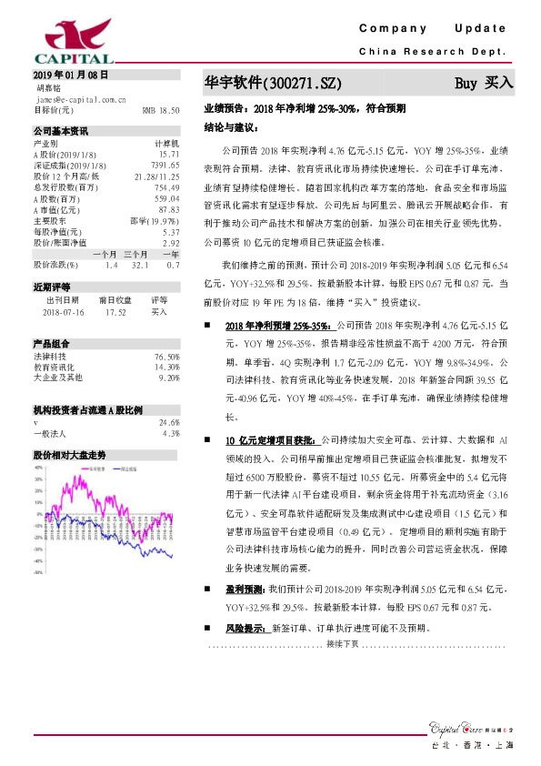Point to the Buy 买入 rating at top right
(x=484, y=83)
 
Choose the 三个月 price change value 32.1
(x=139, y=264)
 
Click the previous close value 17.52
(x=115, y=311)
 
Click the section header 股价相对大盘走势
(x=70, y=453)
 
